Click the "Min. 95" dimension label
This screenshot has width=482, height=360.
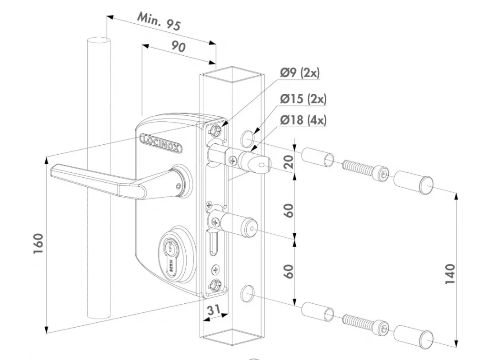(x=159, y=21)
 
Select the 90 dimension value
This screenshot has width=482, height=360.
(x=178, y=46)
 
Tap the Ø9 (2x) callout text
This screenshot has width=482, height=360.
(x=300, y=73)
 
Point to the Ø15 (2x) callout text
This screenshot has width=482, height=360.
(x=303, y=99)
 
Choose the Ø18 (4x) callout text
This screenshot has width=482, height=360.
(x=303, y=120)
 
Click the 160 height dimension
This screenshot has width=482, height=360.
(x=39, y=243)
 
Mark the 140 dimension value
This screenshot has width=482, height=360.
(x=450, y=274)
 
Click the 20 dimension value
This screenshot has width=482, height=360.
(x=289, y=163)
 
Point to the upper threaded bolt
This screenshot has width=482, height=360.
(x=365, y=171)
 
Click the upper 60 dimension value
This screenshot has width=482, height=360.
(x=289, y=210)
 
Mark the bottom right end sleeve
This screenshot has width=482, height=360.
(x=414, y=336)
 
